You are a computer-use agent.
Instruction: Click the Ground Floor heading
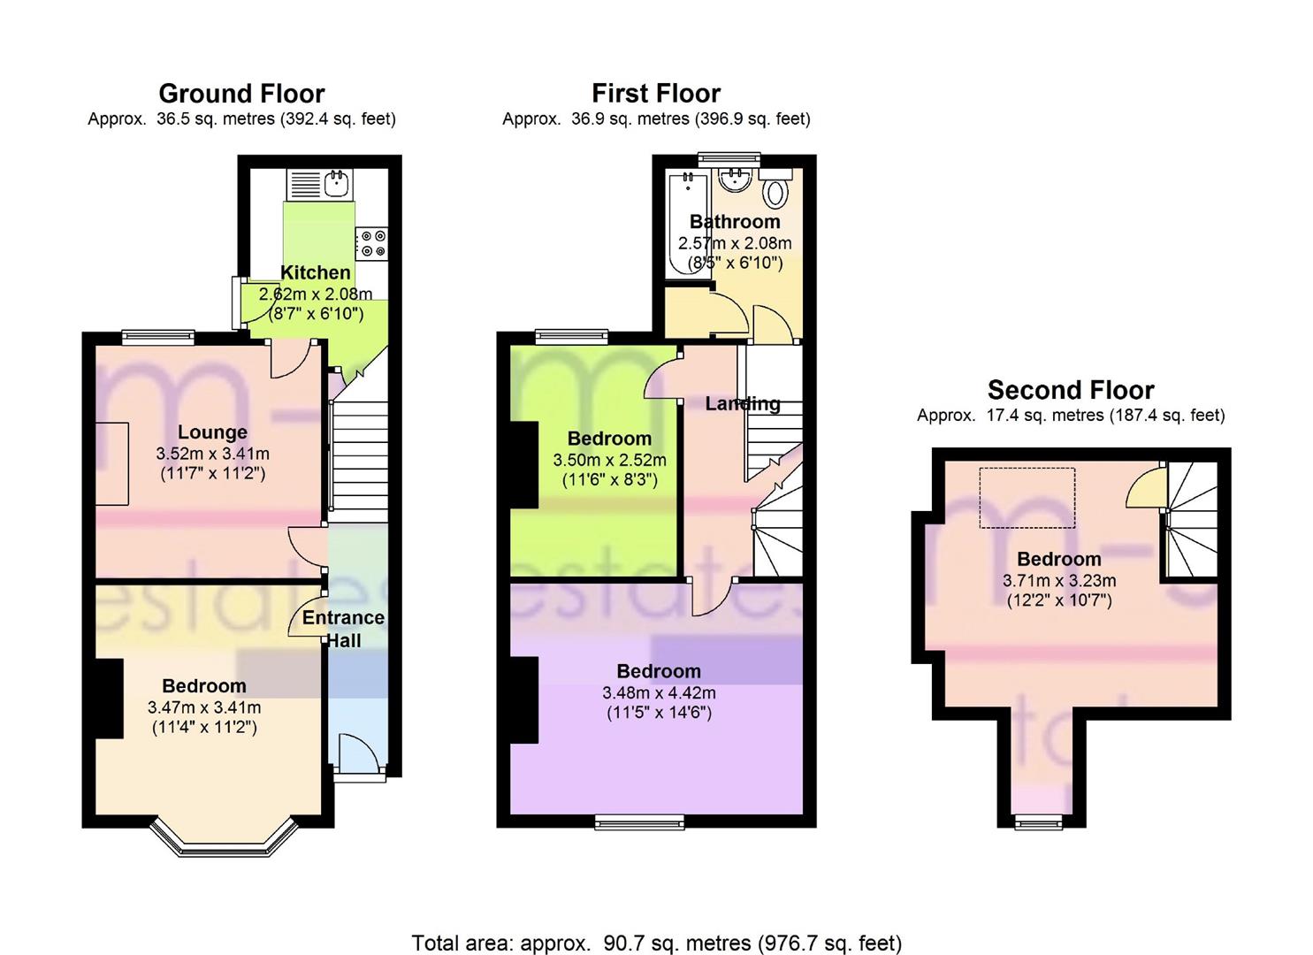[241, 94]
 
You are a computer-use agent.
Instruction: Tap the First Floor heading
[655, 94]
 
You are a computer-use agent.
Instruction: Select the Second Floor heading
[1070, 390]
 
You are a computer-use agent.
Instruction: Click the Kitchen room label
[315, 272]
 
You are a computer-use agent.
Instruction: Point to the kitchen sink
[336, 184]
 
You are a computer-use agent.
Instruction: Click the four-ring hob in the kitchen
[371, 244]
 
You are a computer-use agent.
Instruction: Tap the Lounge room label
[212, 432]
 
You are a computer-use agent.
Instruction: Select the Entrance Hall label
[343, 629]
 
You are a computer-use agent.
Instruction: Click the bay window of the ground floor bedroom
[221, 840]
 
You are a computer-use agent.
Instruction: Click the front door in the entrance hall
[361, 759]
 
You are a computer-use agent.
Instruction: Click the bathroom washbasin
[734, 180]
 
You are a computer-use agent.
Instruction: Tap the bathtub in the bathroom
[687, 225]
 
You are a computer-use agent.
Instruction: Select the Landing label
[743, 404]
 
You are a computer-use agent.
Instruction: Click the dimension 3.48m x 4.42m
[659, 692]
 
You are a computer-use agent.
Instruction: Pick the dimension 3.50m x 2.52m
[609, 460]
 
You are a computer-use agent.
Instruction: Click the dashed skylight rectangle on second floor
[1027, 498]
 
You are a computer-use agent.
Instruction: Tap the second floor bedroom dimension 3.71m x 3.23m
[1058, 581]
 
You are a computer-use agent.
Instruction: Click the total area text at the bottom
[656, 943]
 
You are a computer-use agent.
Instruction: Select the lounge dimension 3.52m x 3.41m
[212, 454]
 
